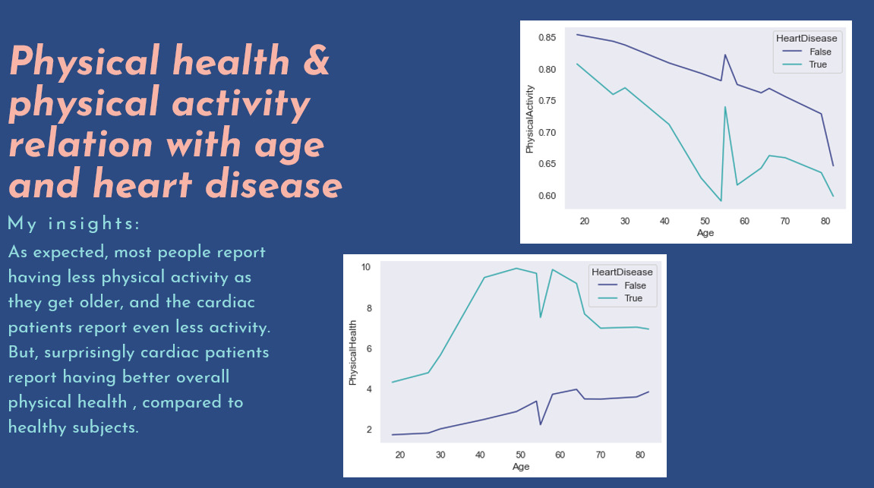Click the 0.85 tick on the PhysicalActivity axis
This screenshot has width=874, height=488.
547,38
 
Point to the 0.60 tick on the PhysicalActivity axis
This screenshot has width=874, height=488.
547,196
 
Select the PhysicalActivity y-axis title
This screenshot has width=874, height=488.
530,124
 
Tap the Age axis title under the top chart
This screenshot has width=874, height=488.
705,233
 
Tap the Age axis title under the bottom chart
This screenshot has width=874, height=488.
520,467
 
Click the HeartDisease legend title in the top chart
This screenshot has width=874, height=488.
806,38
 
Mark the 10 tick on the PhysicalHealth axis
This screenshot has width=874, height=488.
365,267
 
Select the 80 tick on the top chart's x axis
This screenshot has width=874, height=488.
825,221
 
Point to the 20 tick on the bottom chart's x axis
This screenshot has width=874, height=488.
400,455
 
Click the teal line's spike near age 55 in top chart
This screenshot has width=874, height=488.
725,107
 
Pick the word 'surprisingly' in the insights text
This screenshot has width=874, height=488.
89,353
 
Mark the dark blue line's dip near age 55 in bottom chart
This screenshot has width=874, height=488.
541,423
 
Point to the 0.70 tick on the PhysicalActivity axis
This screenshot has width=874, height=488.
547,133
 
